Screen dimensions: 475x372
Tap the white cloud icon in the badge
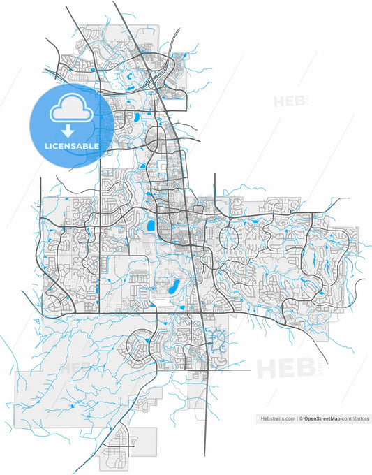point(68,110)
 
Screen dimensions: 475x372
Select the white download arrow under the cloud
point(68,131)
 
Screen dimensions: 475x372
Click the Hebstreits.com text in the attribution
point(278,418)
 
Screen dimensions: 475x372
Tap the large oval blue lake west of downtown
point(149,226)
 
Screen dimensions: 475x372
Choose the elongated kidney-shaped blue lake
point(172,284)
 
